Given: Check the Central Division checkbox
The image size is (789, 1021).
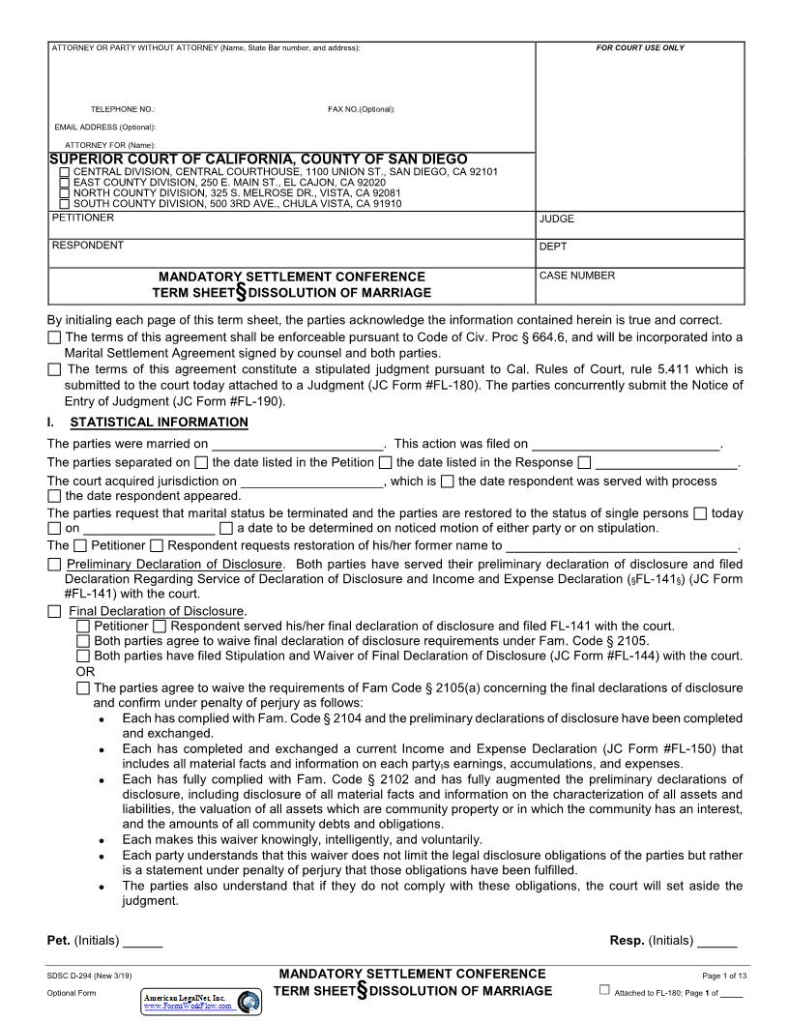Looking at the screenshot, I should (x=65, y=172).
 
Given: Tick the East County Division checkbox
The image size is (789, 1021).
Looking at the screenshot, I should (x=65, y=183).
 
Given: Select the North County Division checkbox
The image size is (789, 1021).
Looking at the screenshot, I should (x=65, y=193).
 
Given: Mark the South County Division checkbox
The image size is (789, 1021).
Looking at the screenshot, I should (x=65, y=204).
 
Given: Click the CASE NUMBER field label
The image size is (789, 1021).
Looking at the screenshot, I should (x=576, y=276).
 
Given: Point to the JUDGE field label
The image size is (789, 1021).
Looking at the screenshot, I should (x=557, y=219).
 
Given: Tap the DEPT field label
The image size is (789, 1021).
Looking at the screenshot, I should (x=553, y=247).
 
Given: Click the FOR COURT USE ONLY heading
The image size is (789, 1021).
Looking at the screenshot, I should (x=640, y=48).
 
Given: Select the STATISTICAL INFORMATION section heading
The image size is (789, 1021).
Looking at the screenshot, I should (x=159, y=423).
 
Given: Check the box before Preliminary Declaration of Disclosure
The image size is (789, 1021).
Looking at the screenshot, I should (x=54, y=565).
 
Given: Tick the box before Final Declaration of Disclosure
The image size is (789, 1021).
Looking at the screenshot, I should (x=54, y=611).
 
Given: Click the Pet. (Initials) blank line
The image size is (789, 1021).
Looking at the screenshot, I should (x=142, y=941).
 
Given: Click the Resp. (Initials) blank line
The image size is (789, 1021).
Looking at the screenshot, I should (x=716, y=941).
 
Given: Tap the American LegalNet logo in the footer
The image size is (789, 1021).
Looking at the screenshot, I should (x=201, y=1001).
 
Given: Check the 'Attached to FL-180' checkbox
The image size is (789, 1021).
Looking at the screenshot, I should (x=605, y=990).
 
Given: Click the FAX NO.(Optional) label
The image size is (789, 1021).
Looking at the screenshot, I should (x=361, y=109).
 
